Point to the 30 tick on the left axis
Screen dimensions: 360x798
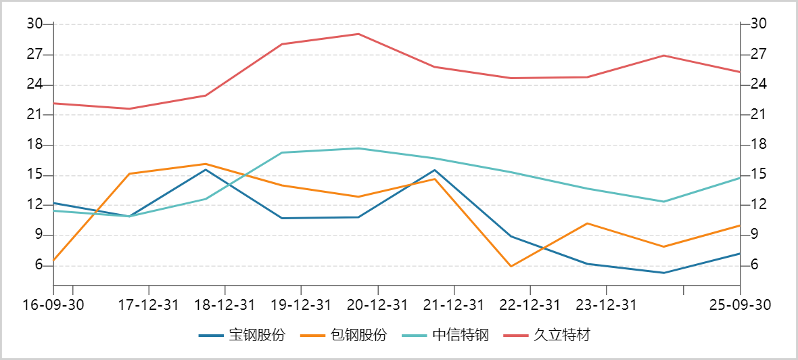pyautogui.click(x=34, y=24)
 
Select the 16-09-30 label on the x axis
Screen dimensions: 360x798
pyautogui.click(x=53, y=305)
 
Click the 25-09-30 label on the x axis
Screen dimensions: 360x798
pyautogui.click(x=740, y=305)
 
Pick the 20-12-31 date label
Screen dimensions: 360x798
pyautogui.click(x=377, y=305)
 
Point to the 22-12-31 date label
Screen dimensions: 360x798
pyautogui.click(x=530, y=305)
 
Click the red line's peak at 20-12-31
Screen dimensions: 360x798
pyautogui.click(x=358, y=34)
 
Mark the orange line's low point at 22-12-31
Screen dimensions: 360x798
pyautogui.click(x=511, y=267)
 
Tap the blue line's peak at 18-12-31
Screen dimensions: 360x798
pyautogui.click(x=206, y=169)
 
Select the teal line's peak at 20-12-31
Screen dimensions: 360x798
pyautogui.click(x=358, y=148)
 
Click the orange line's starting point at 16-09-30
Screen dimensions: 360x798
pyautogui.click(x=53, y=260)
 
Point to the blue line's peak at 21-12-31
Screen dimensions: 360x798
pyautogui.click(x=435, y=170)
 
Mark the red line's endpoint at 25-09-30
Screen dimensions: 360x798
pyautogui.click(x=741, y=72)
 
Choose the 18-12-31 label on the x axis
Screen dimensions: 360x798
pyautogui.click(x=225, y=305)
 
